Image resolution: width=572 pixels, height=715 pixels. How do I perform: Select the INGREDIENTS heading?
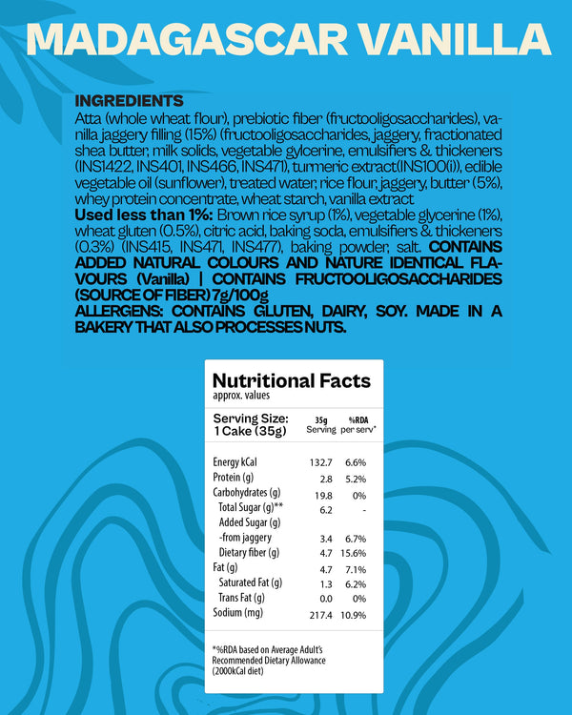coord(129,101)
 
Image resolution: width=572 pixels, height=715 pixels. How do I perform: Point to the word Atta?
coord(91,118)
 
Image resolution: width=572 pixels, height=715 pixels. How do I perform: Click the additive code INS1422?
coord(102,167)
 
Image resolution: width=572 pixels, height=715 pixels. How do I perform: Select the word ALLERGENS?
coord(120,311)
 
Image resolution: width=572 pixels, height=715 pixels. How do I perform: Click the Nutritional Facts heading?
coord(291,381)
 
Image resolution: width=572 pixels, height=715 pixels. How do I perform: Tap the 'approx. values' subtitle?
coord(241,398)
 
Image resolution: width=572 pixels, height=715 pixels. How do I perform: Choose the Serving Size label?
coord(250,418)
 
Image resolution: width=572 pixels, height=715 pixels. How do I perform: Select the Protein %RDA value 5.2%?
coord(356,478)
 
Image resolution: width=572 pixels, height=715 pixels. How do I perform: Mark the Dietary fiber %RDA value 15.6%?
coord(354,552)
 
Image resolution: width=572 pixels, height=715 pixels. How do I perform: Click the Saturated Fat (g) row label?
coord(250,582)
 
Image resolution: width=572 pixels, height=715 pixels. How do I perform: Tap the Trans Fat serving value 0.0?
coord(324,597)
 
